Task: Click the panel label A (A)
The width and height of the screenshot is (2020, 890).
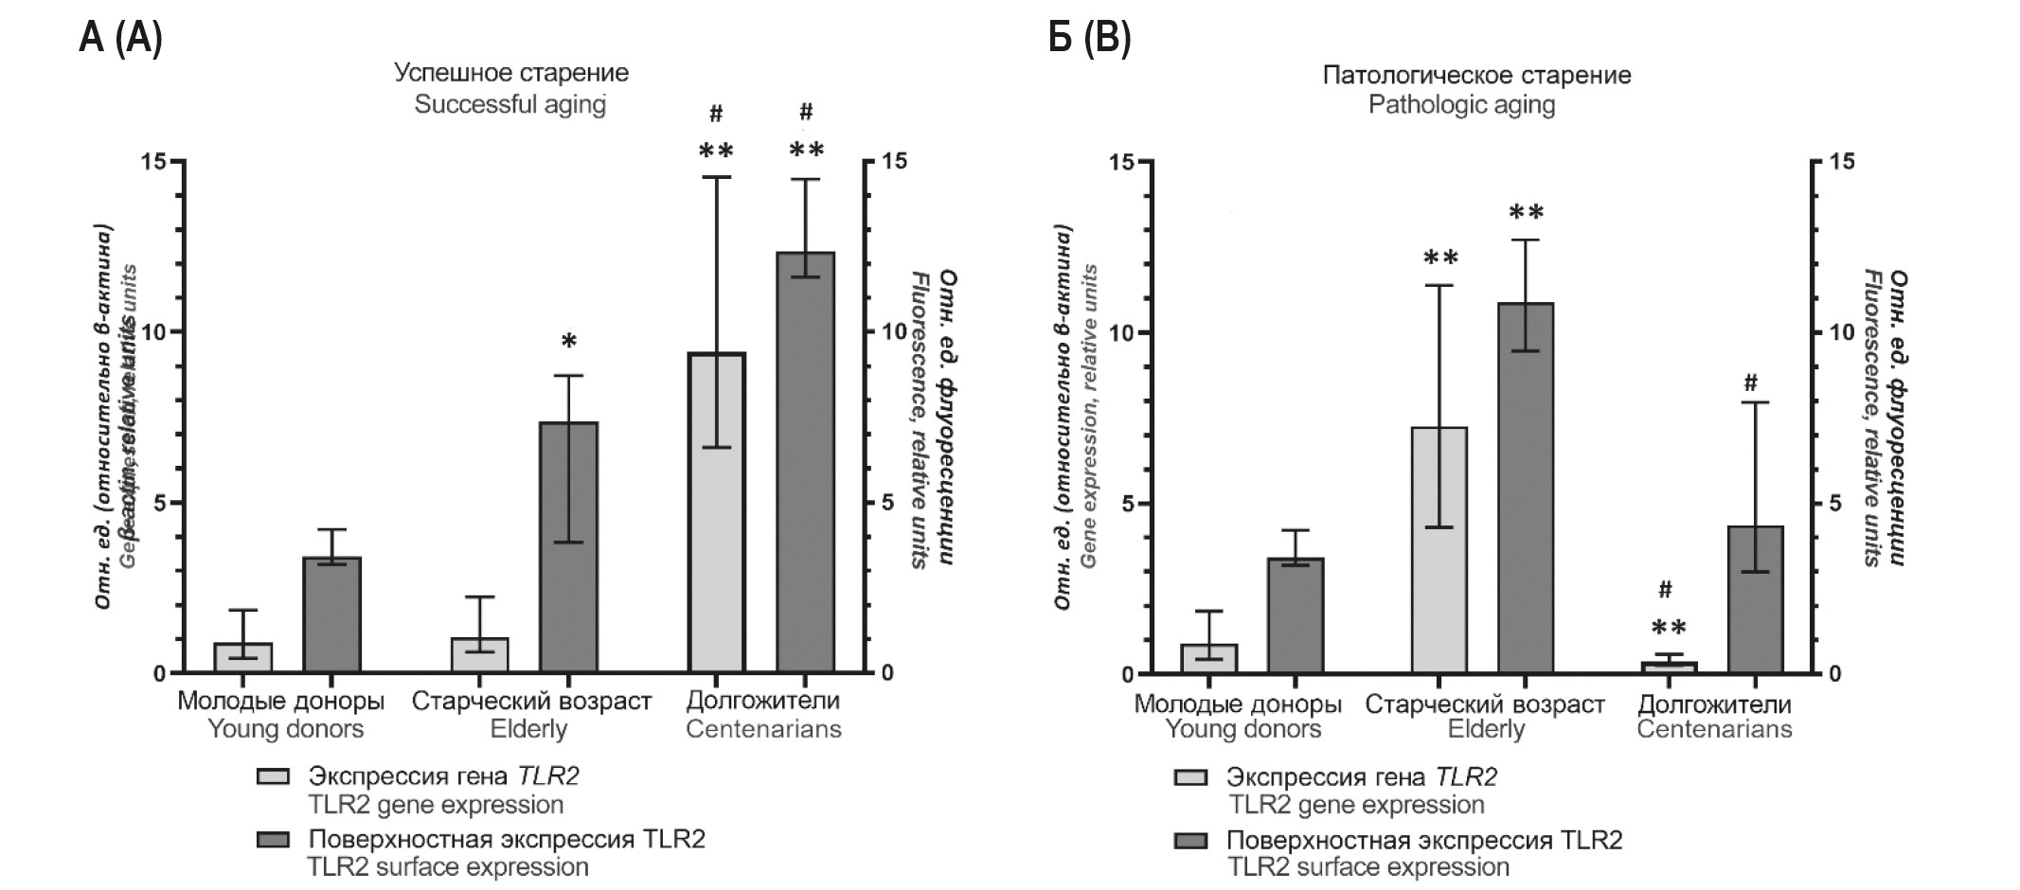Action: point(120,39)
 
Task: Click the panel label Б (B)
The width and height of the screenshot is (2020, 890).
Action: point(1089,39)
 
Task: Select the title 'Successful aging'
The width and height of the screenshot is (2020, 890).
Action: point(510,104)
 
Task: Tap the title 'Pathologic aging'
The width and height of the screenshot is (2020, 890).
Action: point(1461,104)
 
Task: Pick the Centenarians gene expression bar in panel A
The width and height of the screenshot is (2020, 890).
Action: point(716,512)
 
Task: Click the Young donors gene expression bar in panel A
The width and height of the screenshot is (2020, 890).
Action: point(243,657)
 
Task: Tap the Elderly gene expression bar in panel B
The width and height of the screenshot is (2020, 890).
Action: point(1439,550)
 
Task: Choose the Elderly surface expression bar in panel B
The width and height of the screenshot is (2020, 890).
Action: point(1525,488)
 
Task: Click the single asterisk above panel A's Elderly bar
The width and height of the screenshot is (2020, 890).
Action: point(568,342)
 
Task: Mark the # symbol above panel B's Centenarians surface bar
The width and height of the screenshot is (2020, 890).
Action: point(1750,383)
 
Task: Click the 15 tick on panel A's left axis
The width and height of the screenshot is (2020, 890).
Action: point(153,162)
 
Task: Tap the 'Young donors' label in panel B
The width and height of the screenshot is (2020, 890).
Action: point(1242,729)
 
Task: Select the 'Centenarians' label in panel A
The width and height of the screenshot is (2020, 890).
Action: point(763,729)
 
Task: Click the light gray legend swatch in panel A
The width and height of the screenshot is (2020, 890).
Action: point(273,776)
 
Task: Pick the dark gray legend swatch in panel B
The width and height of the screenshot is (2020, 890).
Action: point(1190,840)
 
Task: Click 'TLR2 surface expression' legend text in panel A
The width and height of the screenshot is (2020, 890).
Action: point(448,866)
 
